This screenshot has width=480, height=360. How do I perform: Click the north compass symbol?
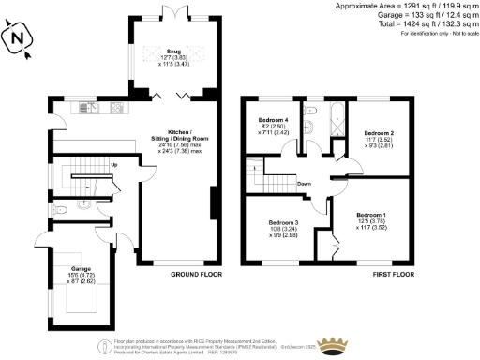pyautogui.click(x=20, y=37)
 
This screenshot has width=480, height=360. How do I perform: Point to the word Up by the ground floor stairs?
pyautogui.click(x=114, y=166)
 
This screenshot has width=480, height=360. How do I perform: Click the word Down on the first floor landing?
pyautogui.click(x=305, y=184)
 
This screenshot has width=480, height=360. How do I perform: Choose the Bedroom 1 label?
pyautogui.click(x=371, y=220)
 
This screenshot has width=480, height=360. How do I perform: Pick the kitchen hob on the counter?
pyautogui.click(x=116, y=106)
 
